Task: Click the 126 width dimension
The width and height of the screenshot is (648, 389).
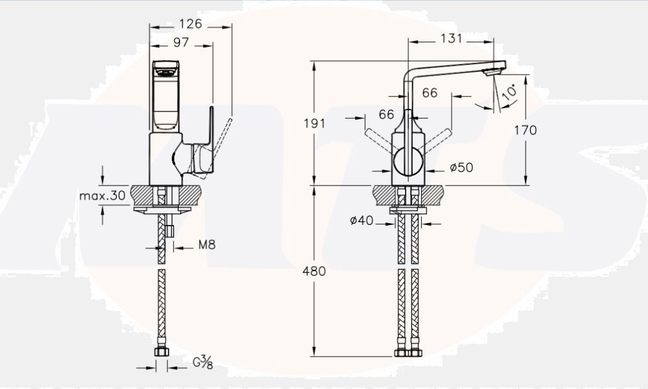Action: pos(191,23)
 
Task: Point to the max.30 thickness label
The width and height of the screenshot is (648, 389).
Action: pos(102,195)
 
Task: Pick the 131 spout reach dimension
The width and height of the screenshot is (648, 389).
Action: pos(451,38)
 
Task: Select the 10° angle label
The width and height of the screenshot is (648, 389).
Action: pos(510,92)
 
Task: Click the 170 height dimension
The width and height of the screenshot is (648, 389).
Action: pos(525,130)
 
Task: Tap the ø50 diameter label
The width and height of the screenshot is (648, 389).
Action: pos(461,167)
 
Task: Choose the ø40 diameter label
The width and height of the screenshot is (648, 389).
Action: pos(361,220)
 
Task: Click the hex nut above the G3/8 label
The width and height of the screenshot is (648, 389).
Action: pos(161,351)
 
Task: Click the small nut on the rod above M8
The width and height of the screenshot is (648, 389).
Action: pos(169,231)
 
